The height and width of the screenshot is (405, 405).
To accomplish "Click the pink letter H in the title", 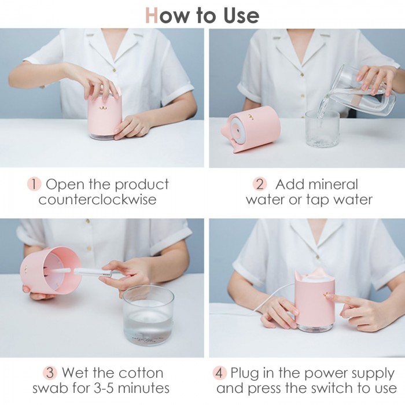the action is point(152,16).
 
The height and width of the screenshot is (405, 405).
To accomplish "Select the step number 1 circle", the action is point(34,184).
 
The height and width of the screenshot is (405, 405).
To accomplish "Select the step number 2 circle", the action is point(260,184).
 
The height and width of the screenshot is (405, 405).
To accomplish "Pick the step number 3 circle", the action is point(50,373).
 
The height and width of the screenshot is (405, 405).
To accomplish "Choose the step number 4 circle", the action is point(219,373).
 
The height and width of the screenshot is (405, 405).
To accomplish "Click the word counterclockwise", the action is point(98,200).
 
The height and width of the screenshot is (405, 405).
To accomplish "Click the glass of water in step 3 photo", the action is point(148,316).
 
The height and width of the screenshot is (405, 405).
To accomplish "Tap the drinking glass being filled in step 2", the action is point(322,128).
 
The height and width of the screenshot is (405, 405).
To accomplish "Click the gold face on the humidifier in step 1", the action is point(104,107).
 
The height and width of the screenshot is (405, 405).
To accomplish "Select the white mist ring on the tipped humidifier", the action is point(238,129).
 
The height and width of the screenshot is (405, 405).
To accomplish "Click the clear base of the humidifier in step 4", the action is point(314,328).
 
